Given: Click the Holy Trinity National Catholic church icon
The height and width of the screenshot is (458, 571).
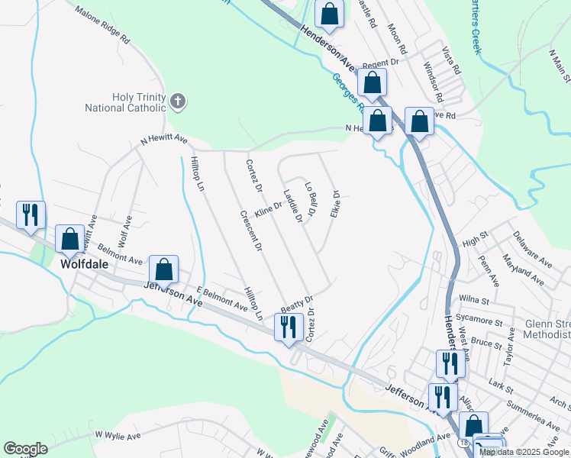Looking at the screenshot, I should point(178,101).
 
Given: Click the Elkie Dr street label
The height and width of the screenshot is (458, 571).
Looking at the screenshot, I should point(334,204).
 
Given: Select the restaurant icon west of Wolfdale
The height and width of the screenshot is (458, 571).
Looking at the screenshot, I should point(31,215).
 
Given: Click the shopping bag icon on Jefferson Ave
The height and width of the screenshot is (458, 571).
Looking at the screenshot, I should point(163,269).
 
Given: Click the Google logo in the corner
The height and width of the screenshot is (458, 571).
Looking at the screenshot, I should point(25,449).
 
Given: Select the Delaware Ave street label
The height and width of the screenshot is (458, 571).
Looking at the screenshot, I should point(533,250).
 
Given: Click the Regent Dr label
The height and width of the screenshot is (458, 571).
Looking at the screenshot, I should point(381,64).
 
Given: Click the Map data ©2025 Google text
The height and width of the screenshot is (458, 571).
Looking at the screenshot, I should point(524,452).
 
